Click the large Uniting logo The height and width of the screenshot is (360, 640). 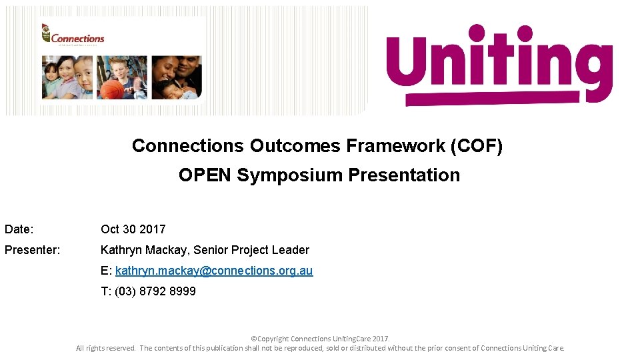499,66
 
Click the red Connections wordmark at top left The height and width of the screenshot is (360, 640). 77,39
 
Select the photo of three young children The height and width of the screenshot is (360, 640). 67,77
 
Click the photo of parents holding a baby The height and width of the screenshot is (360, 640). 177,77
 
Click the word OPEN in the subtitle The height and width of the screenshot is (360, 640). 205,175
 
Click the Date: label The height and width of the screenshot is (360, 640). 19,229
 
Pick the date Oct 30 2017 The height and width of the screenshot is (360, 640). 133,229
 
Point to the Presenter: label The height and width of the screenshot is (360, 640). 33,250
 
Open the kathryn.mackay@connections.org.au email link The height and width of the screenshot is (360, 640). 213,271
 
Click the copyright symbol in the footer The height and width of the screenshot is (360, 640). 253,339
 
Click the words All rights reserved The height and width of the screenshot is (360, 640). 106,348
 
